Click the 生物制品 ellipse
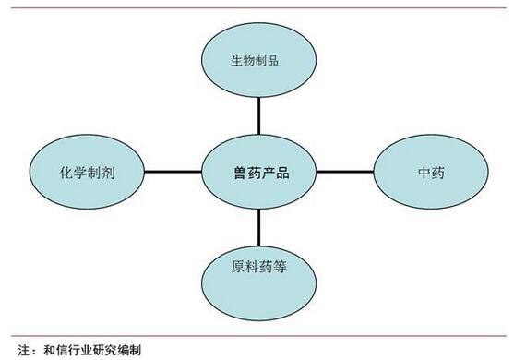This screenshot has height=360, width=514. click(258, 61)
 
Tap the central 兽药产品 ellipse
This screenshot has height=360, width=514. click(259, 172)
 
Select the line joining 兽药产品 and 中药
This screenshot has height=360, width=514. click(343, 172)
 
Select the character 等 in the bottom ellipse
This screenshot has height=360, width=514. click(281, 270)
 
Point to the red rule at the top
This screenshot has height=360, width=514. click(257, 6)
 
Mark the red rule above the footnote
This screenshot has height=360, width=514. click(257, 334)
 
